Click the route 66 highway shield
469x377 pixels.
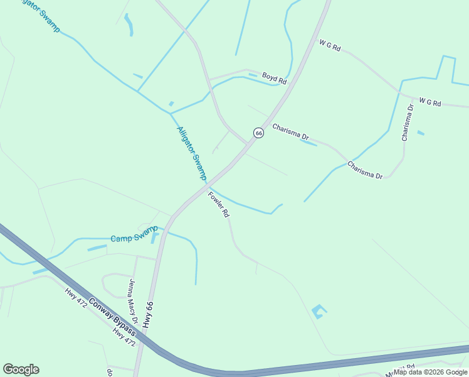click(x=258, y=133)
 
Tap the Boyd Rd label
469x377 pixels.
click(x=274, y=78)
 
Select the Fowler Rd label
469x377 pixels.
click(x=219, y=204)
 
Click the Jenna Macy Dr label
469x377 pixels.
click(x=133, y=300)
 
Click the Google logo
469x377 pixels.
click(x=21, y=369)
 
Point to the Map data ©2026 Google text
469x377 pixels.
click(x=430, y=372)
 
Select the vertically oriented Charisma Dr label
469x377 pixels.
click(x=408, y=122)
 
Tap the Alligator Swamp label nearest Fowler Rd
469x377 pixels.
click(x=191, y=153)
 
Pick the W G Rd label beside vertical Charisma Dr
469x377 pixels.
click(x=430, y=102)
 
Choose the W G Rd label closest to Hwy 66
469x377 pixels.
click(x=329, y=46)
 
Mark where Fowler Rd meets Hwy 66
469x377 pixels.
click(x=206, y=187)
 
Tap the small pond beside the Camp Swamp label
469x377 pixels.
click(x=154, y=237)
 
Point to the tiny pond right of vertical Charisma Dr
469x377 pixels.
click(x=420, y=133)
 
